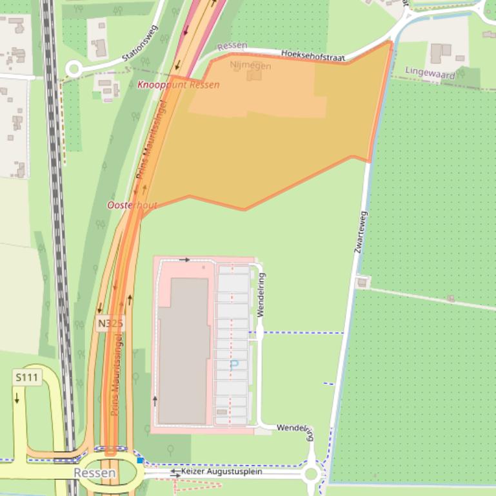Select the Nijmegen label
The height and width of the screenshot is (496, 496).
[250, 66]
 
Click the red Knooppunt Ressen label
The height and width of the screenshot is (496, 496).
[178, 84]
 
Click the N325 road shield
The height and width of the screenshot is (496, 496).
[110, 323]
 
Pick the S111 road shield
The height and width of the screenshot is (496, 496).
[27, 377]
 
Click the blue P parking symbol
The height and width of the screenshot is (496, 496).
[234, 365]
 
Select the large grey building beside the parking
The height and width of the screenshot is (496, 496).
[184, 351]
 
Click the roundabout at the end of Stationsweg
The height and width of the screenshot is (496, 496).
[74, 69]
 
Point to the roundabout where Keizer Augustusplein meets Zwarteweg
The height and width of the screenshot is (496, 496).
[312, 475]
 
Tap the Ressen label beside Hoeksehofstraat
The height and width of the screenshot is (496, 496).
[233, 47]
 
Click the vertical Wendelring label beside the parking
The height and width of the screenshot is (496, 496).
[261, 294]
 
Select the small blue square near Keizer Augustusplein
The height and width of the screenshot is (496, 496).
[140, 461]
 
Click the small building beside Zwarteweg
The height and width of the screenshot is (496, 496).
[362, 282]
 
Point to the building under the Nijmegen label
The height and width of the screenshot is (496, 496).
[254, 75]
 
